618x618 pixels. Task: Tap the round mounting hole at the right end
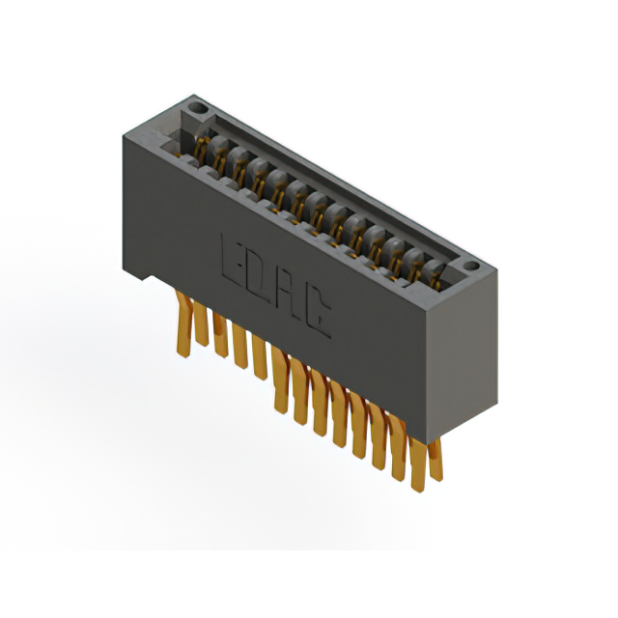coord(470,266)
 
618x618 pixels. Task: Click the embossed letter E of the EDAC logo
coord(232,261)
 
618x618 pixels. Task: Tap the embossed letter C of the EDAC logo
coord(318,316)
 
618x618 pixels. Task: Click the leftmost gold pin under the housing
coord(184,324)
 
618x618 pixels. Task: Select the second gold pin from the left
coord(201,324)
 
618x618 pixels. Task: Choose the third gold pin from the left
coord(220,335)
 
